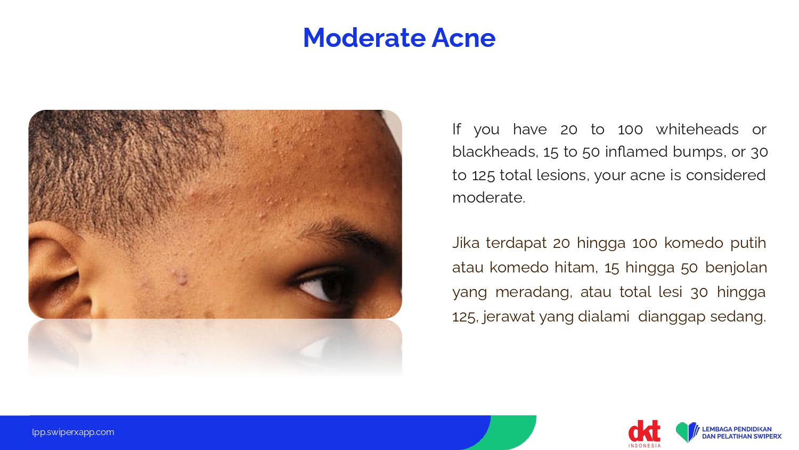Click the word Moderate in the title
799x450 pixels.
click(364, 37)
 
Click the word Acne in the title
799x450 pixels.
click(464, 37)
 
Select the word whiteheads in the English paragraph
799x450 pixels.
click(697, 129)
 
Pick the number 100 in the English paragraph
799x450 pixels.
click(630, 129)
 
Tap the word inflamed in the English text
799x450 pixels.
click(637, 152)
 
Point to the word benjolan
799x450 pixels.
click(736, 268)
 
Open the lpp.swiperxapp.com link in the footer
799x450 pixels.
click(73, 432)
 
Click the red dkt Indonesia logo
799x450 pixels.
click(645, 433)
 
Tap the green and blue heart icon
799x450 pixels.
click(687, 432)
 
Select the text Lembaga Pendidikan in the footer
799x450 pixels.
click(737, 429)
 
